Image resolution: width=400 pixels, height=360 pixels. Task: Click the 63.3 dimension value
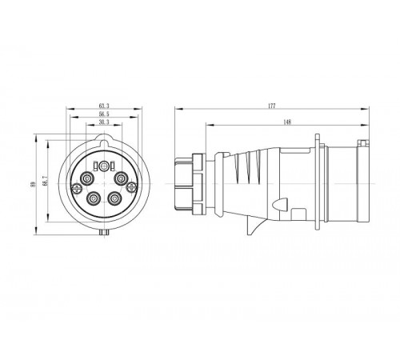click(x=104, y=105)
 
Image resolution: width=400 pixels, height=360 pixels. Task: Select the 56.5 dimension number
click(x=104, y=114)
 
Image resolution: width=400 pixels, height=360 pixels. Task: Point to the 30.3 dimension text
click(x=104, y=123)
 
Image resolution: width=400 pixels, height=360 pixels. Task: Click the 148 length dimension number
click(x=286, y=122)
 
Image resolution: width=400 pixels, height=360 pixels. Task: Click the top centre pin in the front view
click(x=104, y=166)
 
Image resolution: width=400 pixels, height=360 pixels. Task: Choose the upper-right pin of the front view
click(x=122, y=178)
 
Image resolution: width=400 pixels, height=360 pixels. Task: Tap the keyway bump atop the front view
click(x=104, y=141)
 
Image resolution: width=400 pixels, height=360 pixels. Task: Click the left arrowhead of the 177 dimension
click(x=177, y=108)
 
